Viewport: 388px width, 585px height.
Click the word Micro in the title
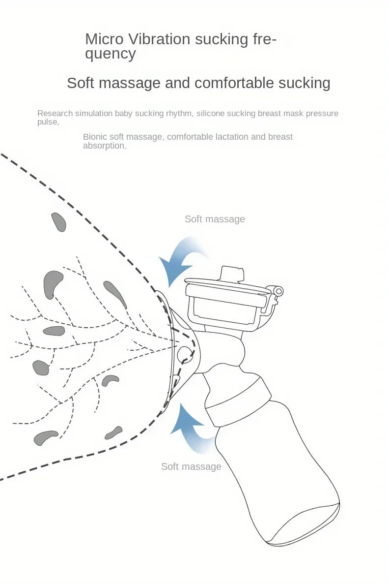coord(103,39)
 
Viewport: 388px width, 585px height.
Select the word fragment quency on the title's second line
coord(111,54)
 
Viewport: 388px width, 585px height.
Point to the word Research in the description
coord(55,113)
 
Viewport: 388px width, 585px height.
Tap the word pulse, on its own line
coord(48,122)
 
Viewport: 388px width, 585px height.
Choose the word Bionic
coord(95,137)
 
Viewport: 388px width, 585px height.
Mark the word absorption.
coord(104,146)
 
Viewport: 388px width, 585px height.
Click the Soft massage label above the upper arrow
coord(215,219)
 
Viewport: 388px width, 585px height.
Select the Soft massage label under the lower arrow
coord(191,466)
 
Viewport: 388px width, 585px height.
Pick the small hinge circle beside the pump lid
coord(278,291)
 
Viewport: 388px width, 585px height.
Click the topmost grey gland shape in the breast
coord(59,222)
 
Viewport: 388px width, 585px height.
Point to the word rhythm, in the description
coord(178,113)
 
